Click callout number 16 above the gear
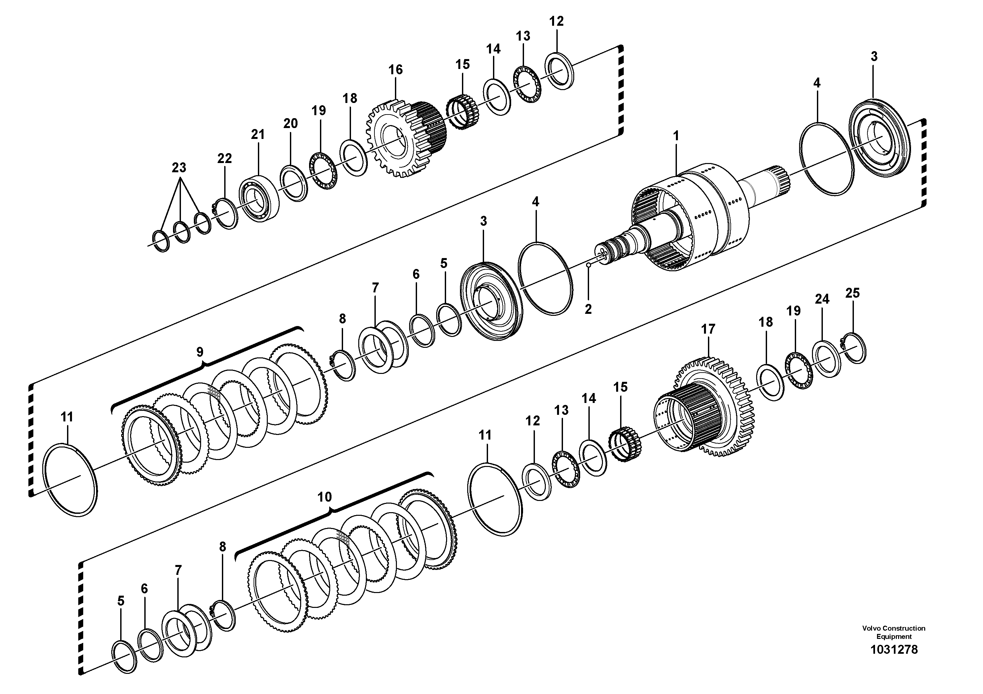(x=395, y=70)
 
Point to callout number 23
(x=179, y=168)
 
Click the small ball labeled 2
(x=589, y=266)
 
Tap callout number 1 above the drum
(x=676, y=136)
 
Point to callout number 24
(x=822, y=299)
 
